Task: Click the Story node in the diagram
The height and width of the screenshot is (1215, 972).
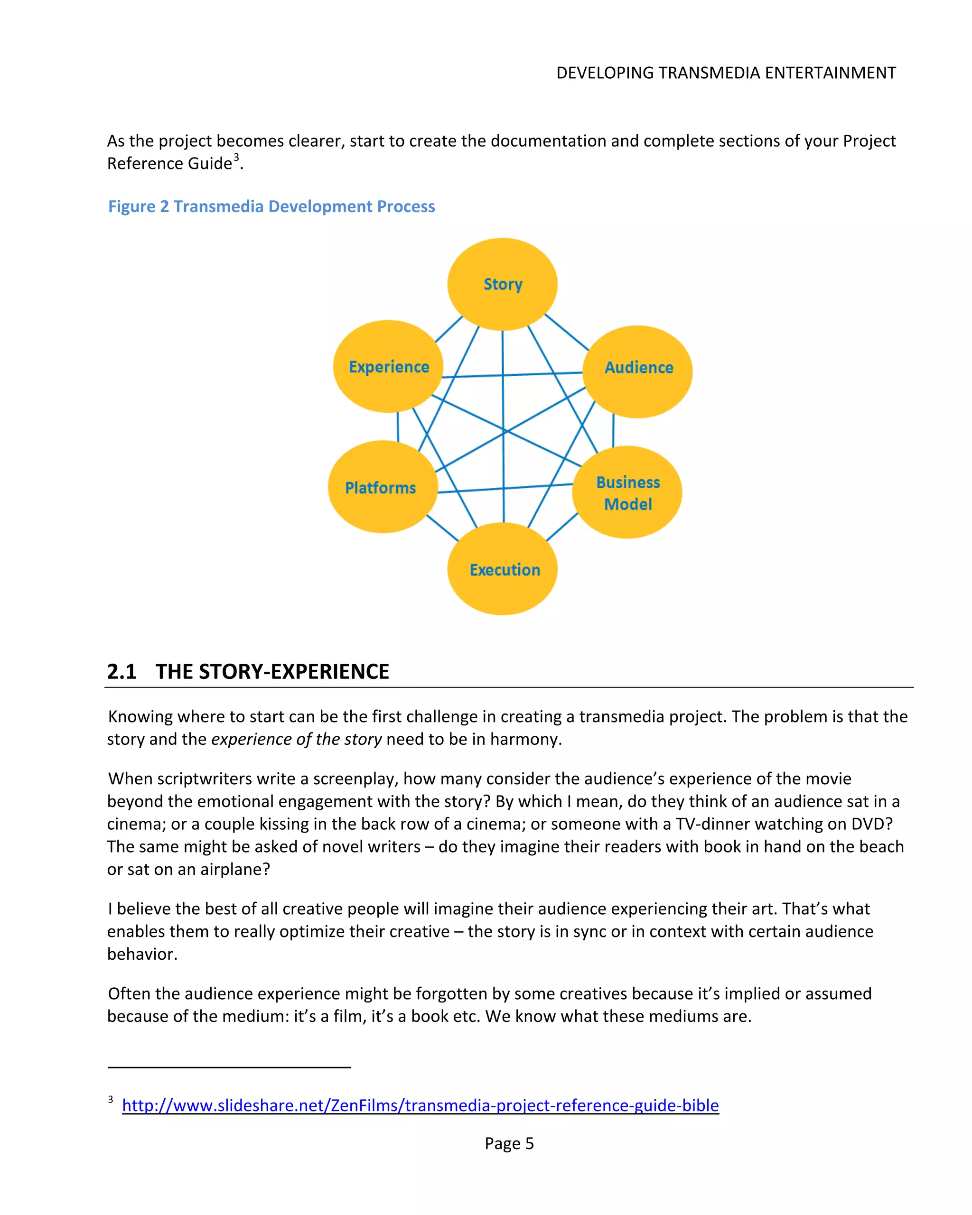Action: (x=502, y=284)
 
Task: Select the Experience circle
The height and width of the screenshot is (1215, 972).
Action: (x=388, y=366)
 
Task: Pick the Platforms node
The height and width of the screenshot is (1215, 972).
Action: (x=382, y=487)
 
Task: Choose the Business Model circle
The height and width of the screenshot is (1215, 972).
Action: (x=627, y=492)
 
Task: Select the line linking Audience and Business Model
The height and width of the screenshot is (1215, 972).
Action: (x=613, y=431)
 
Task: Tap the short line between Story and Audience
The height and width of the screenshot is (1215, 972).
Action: (x=566, y=332)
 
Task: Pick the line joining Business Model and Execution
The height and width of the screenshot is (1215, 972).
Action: (x=562, y=527)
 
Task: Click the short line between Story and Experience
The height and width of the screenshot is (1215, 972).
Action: (x=449, y=329)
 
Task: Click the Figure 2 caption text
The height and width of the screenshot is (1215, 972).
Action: (x=271, y=206)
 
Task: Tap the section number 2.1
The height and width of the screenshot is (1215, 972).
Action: (x=122, y=671)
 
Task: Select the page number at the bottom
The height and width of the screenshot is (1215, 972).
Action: (x=509, y=1143)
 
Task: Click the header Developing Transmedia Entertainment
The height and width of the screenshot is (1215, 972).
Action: (x=726, y=73)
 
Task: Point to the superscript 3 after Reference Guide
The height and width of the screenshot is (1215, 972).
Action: (x=236, y=157)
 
